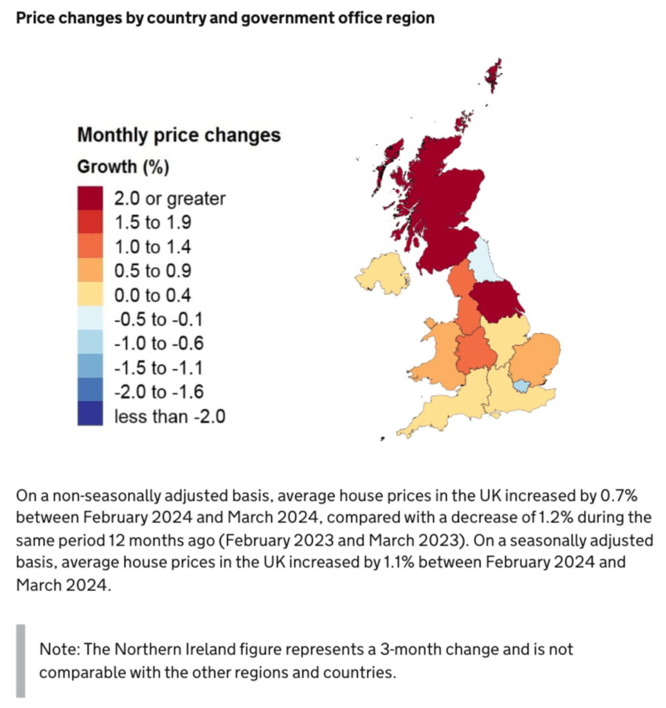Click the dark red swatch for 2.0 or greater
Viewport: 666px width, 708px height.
click(x=91, y=198)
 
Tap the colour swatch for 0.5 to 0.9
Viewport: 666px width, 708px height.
click(x=91, y=271)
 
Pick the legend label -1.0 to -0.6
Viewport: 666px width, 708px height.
click(x=159, y=344)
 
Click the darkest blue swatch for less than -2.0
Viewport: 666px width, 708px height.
click(x=91, y=416)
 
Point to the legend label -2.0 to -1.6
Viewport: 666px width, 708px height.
click(x=159, y=392)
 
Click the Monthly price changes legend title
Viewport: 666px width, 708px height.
click(x=179, y=134)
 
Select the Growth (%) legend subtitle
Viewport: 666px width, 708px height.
click(x=123, y=167)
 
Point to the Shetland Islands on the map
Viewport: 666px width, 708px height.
click(x=494, y=75)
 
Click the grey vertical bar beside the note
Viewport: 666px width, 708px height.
click(x=21, y=660)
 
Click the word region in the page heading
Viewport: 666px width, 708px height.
click(x=413, y=17)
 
